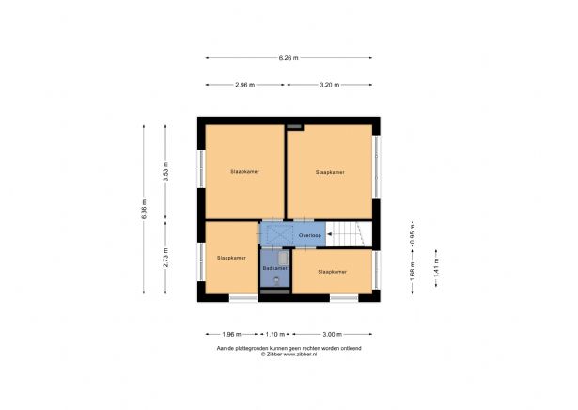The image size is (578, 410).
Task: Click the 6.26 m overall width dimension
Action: [288, 58]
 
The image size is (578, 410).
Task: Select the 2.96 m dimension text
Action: [245, 85]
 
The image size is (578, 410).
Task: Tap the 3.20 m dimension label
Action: [329, 85]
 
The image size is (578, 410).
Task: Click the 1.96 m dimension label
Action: [232, 334]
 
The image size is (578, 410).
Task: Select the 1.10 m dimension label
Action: [275, 334]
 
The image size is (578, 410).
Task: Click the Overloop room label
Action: [310, 235]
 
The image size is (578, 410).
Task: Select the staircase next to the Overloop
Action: [349, 234]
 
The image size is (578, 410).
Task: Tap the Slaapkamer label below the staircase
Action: [332, 272]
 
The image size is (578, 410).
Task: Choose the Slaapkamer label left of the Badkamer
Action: [231, 257]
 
